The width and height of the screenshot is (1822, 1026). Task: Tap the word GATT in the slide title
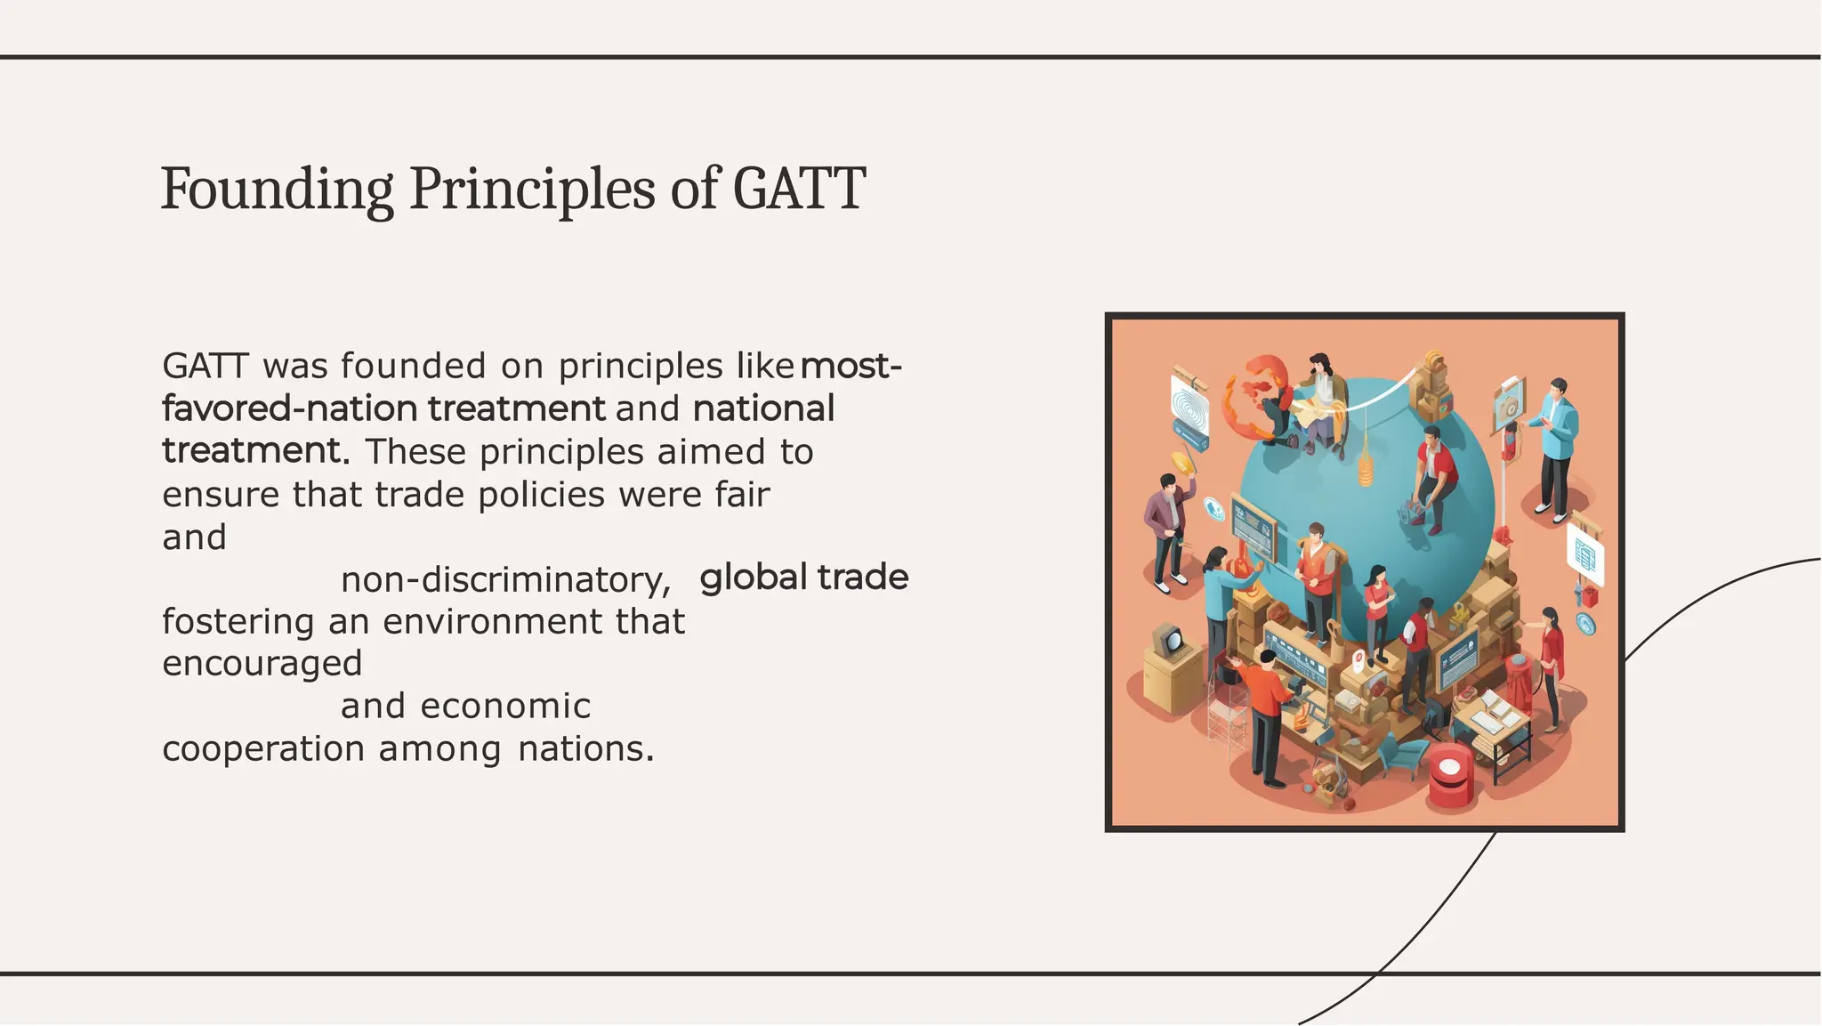(x=798, y=190)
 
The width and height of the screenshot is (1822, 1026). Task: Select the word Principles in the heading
(x=532, y=190)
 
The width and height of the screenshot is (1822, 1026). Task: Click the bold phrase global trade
(x=803, y=578)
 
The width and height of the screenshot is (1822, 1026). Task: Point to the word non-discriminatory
(x=505, y=580)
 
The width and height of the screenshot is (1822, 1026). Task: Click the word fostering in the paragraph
(x=238, y=622)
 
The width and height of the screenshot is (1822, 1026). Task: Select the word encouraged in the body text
(x=262, y=664)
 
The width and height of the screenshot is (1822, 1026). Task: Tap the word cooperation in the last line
(x=263, y=749)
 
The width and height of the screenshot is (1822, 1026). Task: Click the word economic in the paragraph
(x=505, y=707)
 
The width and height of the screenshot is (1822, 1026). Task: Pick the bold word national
(x=763, y=409)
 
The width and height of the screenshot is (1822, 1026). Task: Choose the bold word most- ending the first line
(x=851, y=366)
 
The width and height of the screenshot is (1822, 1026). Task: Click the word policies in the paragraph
(x=541, y=495)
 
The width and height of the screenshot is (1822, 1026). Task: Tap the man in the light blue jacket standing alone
(x=1555, y=445)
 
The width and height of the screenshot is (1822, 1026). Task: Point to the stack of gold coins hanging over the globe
(x=1365, y=467)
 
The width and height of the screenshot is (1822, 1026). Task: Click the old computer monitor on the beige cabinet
(x=1167, y=640)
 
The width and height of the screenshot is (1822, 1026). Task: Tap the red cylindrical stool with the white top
(x=1449, y=773)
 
